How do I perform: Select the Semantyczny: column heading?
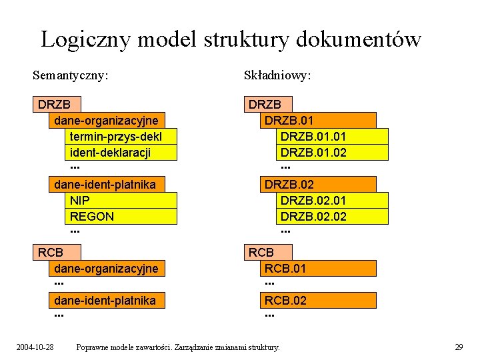71,75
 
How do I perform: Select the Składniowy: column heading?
278,75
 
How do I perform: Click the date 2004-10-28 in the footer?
35,347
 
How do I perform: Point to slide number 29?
459,347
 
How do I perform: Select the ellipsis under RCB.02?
269,315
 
